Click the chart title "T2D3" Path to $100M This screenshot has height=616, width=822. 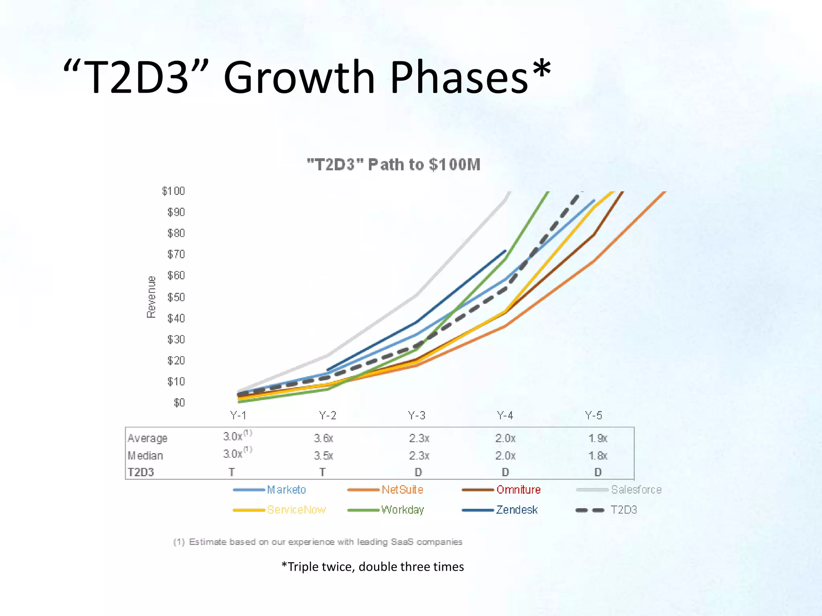pos(393,165)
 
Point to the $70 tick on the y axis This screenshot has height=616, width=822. pos(176,254)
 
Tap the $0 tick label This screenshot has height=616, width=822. pos(179,403)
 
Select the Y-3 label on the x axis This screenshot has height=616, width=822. pos(416,415)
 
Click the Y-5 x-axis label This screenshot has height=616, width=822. pos(593,415)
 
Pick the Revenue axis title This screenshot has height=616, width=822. pos(151,297)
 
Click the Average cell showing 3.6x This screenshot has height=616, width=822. pos(324,438)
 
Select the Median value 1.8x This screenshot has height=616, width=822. pos(598,456)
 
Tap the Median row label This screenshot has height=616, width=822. pos(145,456)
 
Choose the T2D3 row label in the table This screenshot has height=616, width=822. pos(141,472)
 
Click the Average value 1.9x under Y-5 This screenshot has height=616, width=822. pos(598,438)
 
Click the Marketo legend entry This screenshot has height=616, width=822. pos(286,490)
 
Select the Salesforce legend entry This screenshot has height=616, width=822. pos(636,490)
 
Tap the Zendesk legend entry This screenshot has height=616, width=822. pos(517,510)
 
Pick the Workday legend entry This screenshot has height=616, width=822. pos(403,510)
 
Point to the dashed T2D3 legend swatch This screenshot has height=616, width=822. pos(590,510)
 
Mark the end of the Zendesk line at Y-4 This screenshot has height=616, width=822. pos(505,251)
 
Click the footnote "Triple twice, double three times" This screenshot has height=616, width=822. pos(372,567)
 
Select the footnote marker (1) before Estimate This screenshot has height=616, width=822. pos(179,542)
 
